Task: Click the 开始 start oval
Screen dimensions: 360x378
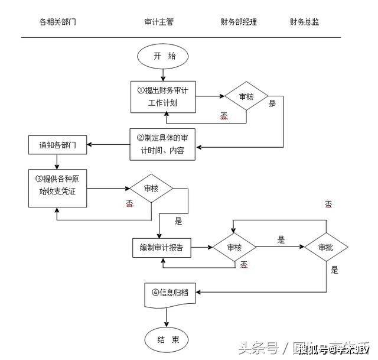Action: coord(165,56)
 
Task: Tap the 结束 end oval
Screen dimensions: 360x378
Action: coord(165,339)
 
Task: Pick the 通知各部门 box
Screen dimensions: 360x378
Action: coord(57,144)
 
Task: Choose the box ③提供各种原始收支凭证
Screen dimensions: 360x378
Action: coord(57,188)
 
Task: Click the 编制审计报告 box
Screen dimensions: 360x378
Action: coord(162,248)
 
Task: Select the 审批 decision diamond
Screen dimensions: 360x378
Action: coord(325,248)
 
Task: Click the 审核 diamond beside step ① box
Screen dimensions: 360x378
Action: coord(246,96)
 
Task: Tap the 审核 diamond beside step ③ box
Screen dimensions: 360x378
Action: coord(152,189)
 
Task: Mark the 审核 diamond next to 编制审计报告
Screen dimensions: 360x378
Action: coord(234,248)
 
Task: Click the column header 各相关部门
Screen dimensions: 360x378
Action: coord(57,22)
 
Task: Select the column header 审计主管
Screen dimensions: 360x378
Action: coord(159,22)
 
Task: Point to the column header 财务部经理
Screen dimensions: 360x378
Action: coord(239,22)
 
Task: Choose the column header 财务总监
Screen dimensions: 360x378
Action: coord(305,22)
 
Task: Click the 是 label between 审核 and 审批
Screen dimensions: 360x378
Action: coord(281,239)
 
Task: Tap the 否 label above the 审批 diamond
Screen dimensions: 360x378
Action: coord(328,204)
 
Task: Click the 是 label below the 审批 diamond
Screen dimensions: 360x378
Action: coord(335,270)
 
